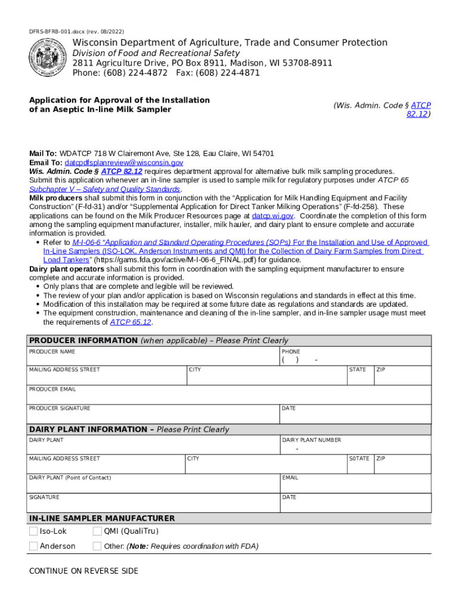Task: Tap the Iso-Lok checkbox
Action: [34, 531]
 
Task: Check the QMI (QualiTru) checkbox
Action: [97, 531]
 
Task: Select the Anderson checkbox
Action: [34, 546]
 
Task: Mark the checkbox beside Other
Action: [97, 546]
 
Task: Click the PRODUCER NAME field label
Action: [52, 352]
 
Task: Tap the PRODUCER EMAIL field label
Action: [52, 389]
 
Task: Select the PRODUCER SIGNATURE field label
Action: [60, 408]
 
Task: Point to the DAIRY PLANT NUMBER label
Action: [311, 440]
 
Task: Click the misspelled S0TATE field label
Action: [359, 459]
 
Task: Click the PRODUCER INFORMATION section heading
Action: [83, 341]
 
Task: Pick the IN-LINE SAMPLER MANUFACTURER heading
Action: [102, 518]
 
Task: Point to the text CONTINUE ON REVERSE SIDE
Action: [83, 571]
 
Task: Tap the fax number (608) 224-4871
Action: [230, 73]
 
